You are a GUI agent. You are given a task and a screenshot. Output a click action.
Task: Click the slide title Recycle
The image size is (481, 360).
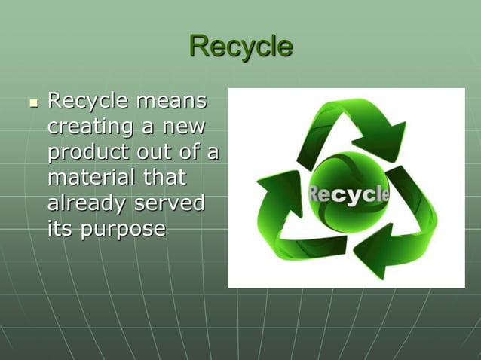pos(240,46)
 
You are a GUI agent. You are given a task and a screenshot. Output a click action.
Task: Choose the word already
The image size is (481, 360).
pos(87,204)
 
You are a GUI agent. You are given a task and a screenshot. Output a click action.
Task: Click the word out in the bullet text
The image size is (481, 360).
pos(155,152)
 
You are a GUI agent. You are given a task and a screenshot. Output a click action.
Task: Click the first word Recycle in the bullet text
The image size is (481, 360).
pos(89,100)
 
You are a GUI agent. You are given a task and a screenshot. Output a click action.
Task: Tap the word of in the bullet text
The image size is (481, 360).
pos(193,151)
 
